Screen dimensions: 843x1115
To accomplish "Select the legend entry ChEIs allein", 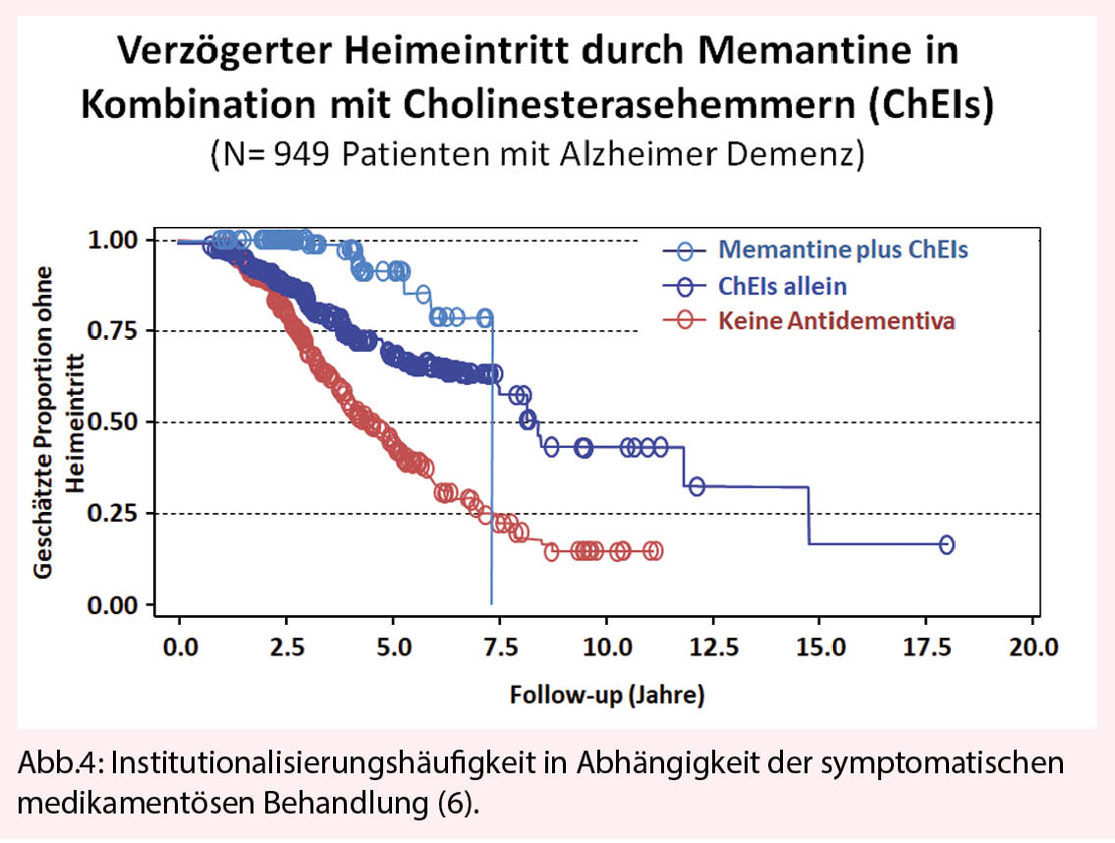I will coord(782,286).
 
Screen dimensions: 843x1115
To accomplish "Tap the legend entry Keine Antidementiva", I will coord(835,321).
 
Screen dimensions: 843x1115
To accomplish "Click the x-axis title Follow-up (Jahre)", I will coord(606,696).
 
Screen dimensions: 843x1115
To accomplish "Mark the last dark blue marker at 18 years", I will coord(947,544).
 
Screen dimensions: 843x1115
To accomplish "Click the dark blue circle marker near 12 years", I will coord(697,485).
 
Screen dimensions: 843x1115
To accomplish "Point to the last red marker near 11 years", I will coord(654,551).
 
